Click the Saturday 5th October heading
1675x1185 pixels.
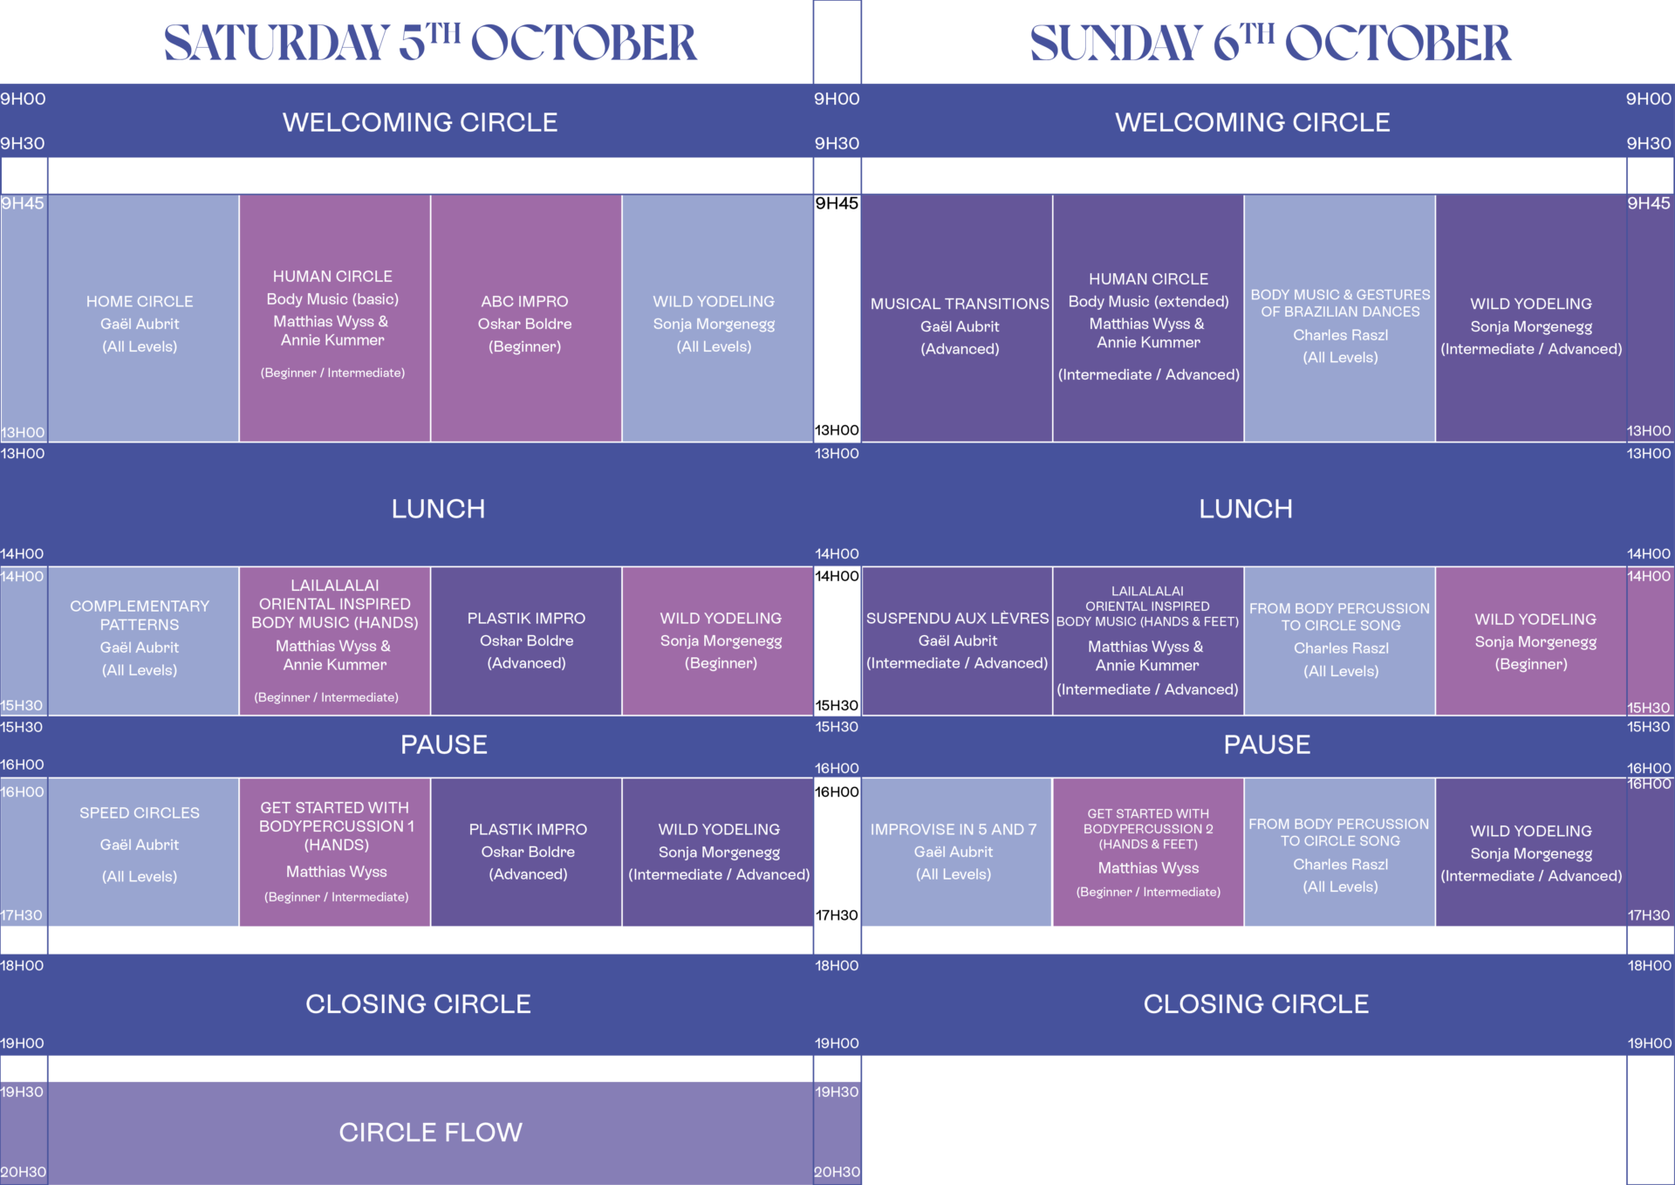[x=430, y=42]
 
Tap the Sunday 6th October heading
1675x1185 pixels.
[x=1269, y=42]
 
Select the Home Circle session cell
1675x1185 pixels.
[x=140, y=322]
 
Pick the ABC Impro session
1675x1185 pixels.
[x=525, y=322]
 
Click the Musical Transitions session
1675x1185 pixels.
[x=959, y=325]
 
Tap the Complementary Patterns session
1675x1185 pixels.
[x=140, y=637]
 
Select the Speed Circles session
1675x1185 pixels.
[x=140, y=844]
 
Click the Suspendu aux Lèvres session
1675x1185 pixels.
[x=957, y=640]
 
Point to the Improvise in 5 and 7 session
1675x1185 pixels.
[x=954, y=850]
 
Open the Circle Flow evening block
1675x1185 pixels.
[x=430, y=1132]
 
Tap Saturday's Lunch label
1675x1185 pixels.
[x=438, y=509]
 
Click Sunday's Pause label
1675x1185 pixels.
[x=1267, y=744]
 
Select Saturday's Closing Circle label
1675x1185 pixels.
[x=418, y=1003]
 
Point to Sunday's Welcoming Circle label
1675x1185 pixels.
[x=1252, y=122]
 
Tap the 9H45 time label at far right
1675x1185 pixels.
[x=1648, y=203]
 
